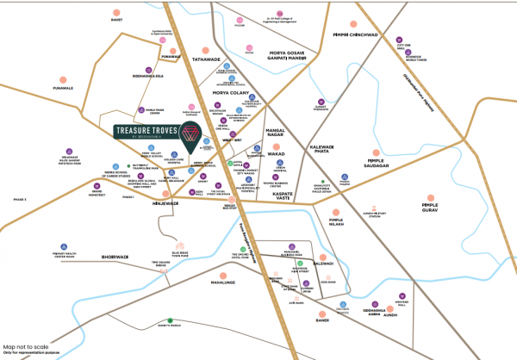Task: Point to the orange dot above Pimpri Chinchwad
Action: (x=352, y=27)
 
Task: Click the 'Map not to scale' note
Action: (x=27, y=347)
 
